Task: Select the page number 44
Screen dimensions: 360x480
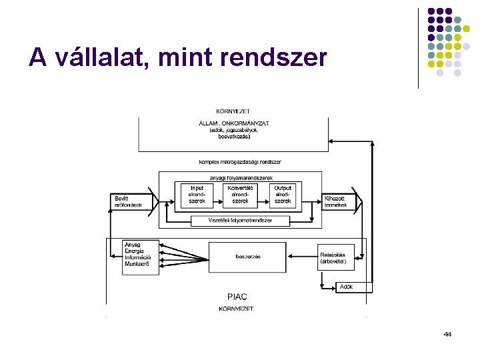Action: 447,333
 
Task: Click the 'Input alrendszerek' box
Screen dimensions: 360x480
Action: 197,194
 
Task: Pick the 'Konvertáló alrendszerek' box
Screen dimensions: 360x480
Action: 240,194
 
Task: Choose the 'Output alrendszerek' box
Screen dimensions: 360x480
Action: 283,194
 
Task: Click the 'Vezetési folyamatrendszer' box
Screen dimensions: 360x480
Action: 240,220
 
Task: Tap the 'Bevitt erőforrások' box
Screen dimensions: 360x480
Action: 129,201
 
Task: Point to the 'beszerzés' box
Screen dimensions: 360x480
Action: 247,257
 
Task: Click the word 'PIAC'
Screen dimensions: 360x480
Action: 237,297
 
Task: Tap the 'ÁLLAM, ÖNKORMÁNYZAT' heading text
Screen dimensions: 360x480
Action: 233,123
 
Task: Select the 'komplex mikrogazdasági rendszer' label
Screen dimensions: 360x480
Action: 240,162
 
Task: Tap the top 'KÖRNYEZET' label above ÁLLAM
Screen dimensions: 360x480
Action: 233,111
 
